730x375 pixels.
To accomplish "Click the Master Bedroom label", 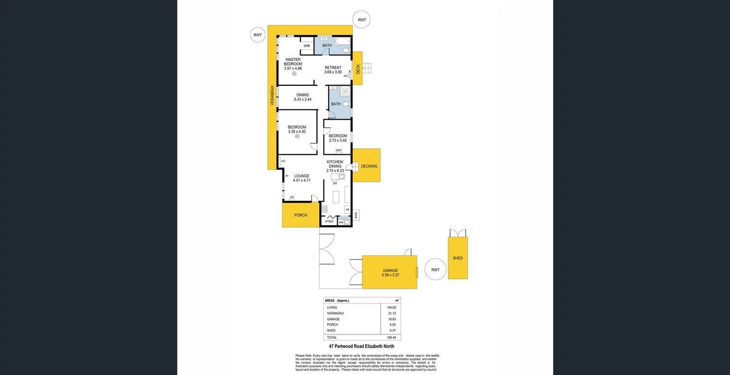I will (x=293, y=62).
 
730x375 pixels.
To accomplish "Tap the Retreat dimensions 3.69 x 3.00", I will (x=333, y=72).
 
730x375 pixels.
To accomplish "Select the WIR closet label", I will (x=307, y=46).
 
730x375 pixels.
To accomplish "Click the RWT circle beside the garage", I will (x=435, y=270).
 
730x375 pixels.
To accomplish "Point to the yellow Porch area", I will (x=300, y=215).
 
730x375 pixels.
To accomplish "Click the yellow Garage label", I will (x=390, y=271).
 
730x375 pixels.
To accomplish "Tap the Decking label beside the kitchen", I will (x=369, y=166).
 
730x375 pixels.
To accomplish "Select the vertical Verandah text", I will (x=272, y=96).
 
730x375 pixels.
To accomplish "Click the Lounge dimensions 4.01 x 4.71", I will (x=302, y=180).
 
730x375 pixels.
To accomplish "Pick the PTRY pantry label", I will (x=329, y=222).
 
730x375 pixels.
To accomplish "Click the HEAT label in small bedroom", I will (x=339, y=150).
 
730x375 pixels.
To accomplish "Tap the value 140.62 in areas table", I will (x=391, y=307).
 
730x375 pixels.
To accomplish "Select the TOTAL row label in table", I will (x=332, y=338).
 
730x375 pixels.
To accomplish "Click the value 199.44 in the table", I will (x=391, y=338).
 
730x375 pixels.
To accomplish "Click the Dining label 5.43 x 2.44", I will (x=302, y=97).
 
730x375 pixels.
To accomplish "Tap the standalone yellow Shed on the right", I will (x=458, y=258).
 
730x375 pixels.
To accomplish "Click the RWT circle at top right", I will (x=362, y=20).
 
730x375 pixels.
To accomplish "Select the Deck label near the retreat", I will (x=358, y=69).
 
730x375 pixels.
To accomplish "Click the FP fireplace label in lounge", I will (x=287, y=176).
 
